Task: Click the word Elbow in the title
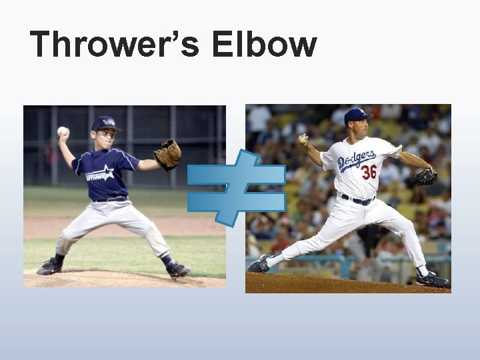point(263,44)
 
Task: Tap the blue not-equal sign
point(236,187)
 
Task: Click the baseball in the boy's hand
point(62,131)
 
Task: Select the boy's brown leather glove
point(167,155)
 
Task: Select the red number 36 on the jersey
point(369,172)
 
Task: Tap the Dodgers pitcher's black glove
point(424,177)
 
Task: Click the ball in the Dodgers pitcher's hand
point(304,140)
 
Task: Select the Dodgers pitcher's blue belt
point(358,199)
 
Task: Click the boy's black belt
point(111,199)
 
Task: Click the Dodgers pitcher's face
point(358,128)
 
